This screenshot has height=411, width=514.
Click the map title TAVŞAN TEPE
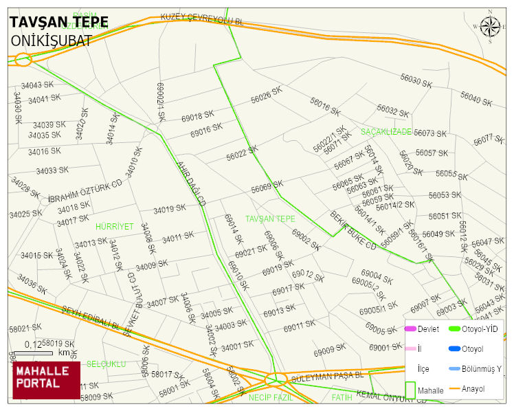[58, 22]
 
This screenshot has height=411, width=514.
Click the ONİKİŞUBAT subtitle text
[51, 41]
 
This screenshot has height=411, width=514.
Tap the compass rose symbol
[490, 27]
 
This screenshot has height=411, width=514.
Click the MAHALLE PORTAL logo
[46, 380]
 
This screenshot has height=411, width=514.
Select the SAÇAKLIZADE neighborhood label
[386, 131]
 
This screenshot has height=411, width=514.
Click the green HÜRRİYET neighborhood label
[114, 226]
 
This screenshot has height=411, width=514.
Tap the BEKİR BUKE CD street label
[353, 230]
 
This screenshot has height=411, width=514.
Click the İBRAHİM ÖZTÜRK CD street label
[85, 192]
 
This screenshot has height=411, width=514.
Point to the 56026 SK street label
[267, 95]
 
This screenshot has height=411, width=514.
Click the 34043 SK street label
[36, 85]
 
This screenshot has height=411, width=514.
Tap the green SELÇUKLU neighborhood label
[106, 364]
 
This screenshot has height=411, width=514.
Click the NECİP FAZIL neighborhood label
[271, 397]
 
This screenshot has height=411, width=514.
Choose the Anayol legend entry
[471, 389]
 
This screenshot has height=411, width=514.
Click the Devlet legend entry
[427, 329]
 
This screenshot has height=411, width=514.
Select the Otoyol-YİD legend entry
[479, 329]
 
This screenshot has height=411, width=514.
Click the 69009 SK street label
[329, 351]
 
